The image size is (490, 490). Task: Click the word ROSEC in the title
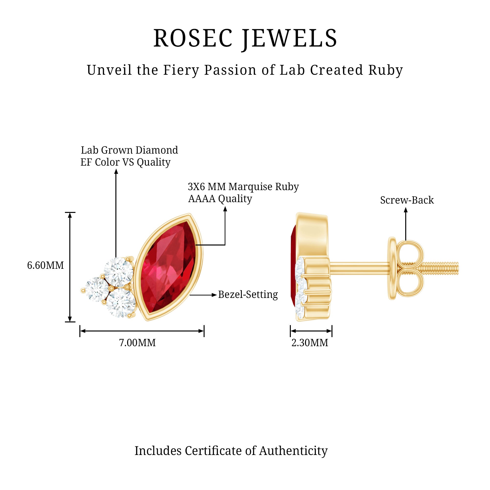click(193, 38)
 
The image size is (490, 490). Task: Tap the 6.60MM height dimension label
click(45, 265)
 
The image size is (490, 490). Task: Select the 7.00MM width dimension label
click(137, 343)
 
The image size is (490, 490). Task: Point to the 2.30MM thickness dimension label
click(310, 343)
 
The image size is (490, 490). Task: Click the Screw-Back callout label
click(407, 200)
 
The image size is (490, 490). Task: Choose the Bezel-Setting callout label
click(248, 294)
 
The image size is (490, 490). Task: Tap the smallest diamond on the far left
click(96, 289)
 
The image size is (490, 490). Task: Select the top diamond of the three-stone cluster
click(118, 272)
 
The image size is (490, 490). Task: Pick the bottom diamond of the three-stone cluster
click(121, 303)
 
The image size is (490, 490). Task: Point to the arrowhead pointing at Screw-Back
click(405, 210)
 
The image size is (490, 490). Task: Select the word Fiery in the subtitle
click(181, 70)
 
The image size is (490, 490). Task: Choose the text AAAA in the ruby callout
click(202, 199)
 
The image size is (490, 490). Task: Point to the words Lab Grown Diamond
click(129, 150)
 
